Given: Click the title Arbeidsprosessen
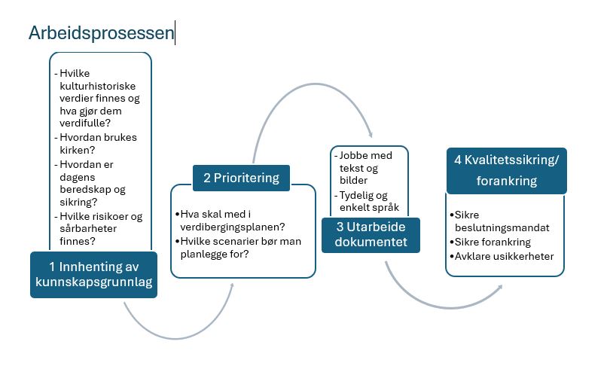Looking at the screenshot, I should tap(101, 33).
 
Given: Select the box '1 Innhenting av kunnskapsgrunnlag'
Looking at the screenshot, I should tap(94, 274).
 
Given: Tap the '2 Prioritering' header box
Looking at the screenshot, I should tap(241, 178).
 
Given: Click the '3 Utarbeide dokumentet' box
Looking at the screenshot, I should tap(371, 234).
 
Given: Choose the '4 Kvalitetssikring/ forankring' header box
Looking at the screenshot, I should tap(506, 170).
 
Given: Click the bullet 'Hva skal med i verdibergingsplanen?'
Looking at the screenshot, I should tap(234, 220).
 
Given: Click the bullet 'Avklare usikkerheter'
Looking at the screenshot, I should tap(504, 256).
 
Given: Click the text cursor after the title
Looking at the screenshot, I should tap(175, 33).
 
